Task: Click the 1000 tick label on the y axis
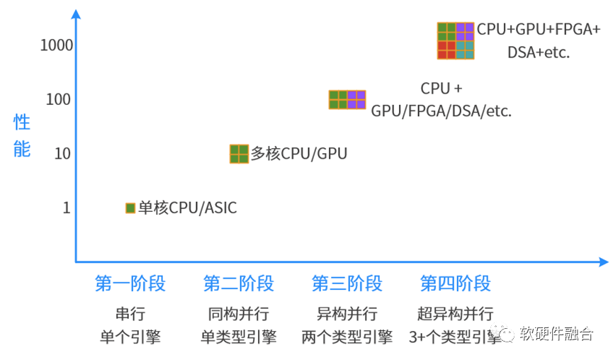pos(56,45)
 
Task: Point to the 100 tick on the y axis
pos(58,99)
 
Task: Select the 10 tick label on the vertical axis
pos(62,154)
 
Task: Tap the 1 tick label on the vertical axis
pos(67,208)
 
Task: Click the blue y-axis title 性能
pos(22,135)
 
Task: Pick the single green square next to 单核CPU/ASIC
pos(130,208)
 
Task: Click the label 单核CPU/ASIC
pos(187,208)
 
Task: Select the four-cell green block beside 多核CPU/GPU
pos(239,154)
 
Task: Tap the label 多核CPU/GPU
pos(298,153)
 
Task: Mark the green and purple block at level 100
pos(347,100)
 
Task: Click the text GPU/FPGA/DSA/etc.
pos(441,111)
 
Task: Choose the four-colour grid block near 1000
pos(456,40)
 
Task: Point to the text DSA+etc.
pos(539,52)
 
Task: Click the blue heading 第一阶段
pos(130,283)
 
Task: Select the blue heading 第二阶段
pos(239,283)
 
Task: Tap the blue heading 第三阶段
pos(347,283)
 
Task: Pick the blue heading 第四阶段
pos(455,283)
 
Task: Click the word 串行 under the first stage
pos(130,313)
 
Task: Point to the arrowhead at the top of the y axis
pos(76,14)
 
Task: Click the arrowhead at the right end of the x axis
pos(604,262)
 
